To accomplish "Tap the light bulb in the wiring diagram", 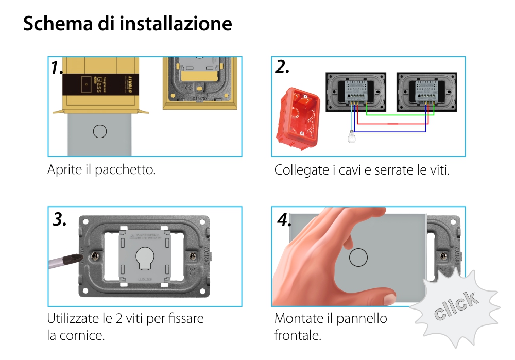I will [351, 138].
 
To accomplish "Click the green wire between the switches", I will [397, 114].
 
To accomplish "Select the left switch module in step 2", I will [355, 91].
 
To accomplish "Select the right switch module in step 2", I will [426, 91].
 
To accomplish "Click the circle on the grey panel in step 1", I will [99, 131].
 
